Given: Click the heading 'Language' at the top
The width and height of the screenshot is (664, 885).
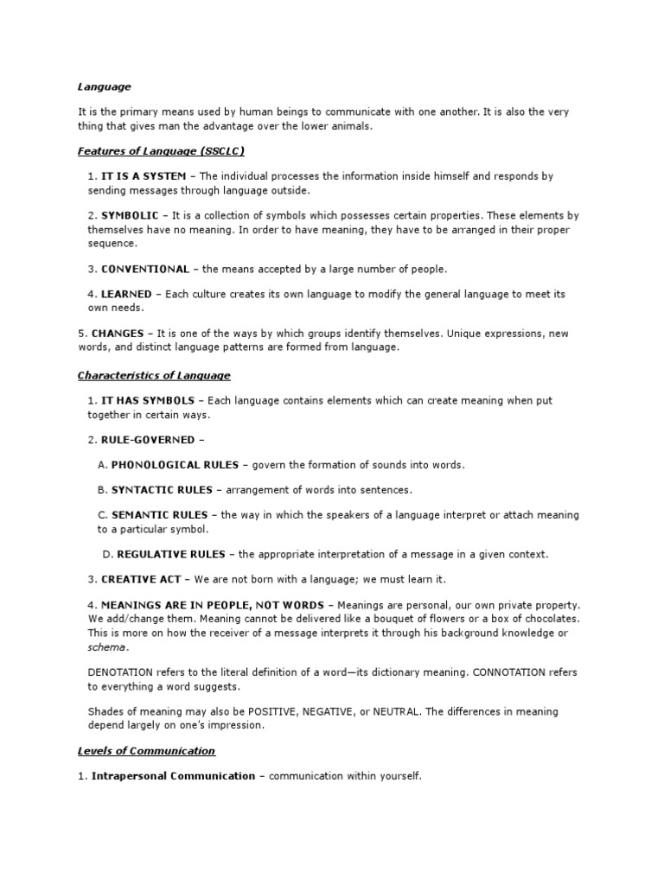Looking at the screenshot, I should coord(104,86).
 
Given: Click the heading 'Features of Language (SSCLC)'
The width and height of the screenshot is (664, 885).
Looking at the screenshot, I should coord(161,151).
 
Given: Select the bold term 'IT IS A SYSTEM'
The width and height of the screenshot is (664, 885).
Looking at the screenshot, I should coord(144,176).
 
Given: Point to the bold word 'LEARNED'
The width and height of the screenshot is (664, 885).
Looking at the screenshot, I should coord(126,294).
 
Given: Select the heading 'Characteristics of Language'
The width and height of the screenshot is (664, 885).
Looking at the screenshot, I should coord(154,375).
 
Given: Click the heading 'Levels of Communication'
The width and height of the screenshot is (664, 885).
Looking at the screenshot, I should coord(146,751).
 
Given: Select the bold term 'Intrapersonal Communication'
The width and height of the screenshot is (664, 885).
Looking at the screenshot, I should coord(173,776).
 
